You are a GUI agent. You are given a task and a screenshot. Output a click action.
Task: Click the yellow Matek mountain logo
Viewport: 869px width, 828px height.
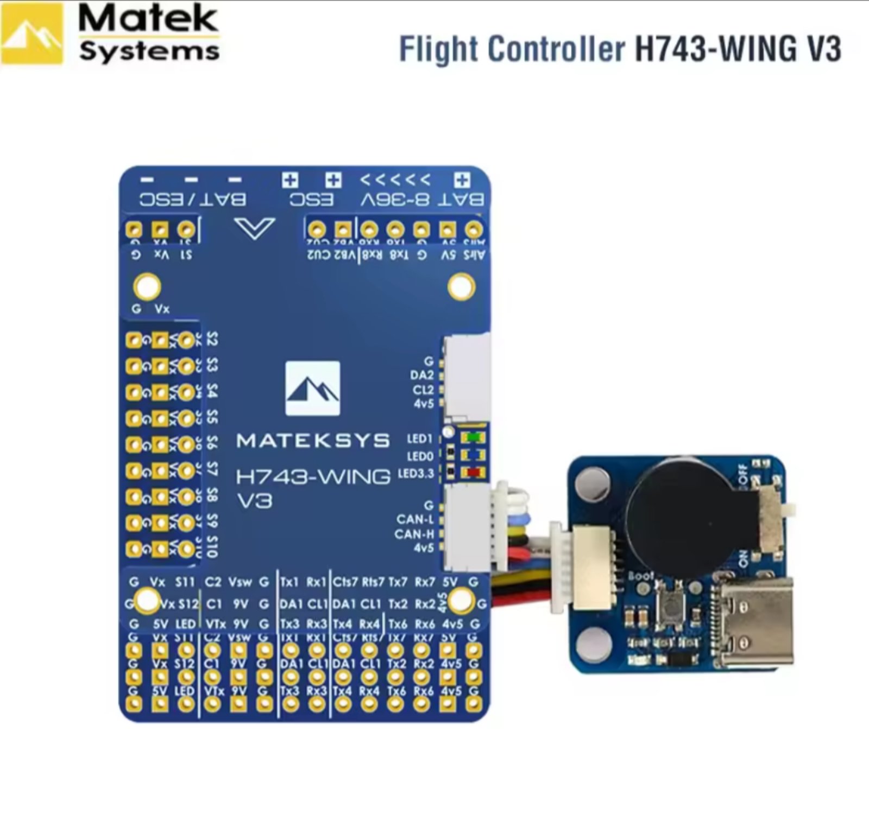tap(33, 34)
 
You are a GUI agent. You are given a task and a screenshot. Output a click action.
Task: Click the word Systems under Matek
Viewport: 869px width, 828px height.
tap(149, 52)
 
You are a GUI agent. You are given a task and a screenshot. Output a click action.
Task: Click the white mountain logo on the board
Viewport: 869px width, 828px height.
tap(313, 388)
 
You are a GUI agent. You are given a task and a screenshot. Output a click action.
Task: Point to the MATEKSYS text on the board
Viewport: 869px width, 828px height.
tap(313, 441)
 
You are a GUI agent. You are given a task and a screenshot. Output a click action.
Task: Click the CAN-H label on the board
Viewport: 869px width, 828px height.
tap(414, 534)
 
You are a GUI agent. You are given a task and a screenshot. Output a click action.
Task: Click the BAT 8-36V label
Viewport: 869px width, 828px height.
tap(423, 200)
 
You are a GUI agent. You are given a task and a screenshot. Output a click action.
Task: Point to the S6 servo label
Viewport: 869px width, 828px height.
tap(212, 443)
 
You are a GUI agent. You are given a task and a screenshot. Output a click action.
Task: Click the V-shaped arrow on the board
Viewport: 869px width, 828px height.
tap(255, 228)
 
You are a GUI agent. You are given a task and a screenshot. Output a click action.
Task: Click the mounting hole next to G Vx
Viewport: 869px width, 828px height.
tap(147, 286)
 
